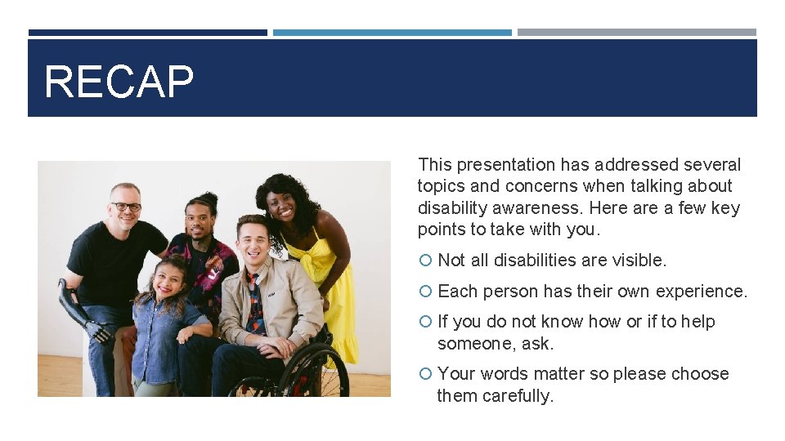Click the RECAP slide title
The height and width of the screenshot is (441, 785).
tap(119, 82)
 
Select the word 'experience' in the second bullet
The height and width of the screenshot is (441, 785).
tap(705, 292)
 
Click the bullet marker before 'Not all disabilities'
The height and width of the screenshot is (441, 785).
tap(424, 261)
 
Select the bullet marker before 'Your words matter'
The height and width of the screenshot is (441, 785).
tap(424, 374)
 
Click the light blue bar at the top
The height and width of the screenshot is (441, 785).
tap(392, 33)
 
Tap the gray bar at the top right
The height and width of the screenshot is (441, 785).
tap(636, 33)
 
